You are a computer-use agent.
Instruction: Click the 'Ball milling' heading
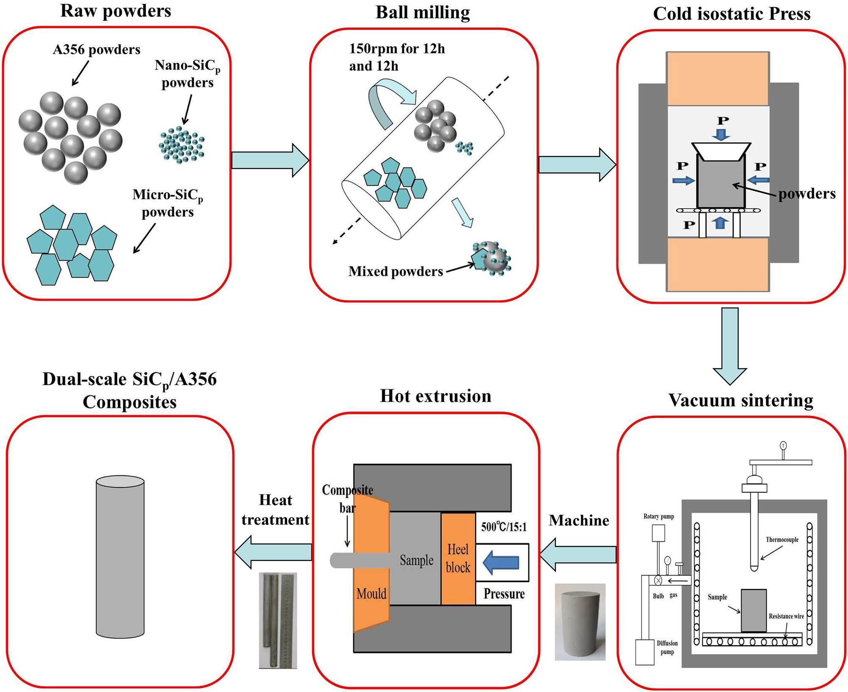click(x=423, y=13)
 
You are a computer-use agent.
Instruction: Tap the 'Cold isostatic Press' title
click(x=731, y=14)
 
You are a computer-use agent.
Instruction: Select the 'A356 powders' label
click(x=96, y=50)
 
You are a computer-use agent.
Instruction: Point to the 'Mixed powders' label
click(x=396, y=271)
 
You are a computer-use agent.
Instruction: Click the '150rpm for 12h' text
click(x=397, y=49)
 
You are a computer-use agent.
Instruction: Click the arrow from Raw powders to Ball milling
click(x=270, y=160)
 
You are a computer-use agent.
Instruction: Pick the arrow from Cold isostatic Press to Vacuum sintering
click(x=730, y=345)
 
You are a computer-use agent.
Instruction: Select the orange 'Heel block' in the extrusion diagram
click(x=458, y=558)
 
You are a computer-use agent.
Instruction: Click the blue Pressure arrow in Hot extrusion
click(x=502, y=563)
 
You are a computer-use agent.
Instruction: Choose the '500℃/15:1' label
click(x=504, y=527)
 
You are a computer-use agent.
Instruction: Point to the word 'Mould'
click(x=371, y=593)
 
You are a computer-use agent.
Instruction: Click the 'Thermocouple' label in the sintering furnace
click(x=782, y=540)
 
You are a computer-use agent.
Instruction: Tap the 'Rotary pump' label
click(x=658, y=516)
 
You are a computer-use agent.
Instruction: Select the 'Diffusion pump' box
click(x=644, y=652)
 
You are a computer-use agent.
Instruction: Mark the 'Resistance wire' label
click(x=786, y=616)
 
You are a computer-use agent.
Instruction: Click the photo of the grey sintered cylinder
click(x=580, y=622)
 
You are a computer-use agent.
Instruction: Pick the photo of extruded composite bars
click(x=278, y=620)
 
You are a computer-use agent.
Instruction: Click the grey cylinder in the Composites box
click(x=120, y=557)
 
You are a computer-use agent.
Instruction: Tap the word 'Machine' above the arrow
click(x=579, y=520)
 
